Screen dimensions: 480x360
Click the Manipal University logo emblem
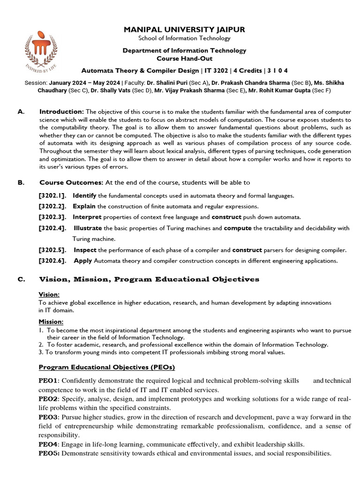click(44, 50)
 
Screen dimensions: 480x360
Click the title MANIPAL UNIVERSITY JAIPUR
click(184, 30)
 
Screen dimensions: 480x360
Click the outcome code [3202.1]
click(52, 195)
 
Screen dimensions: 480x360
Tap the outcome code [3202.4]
click(52, 228)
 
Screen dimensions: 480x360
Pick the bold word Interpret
click(87, 217)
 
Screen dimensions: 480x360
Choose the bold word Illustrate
click(88, 228)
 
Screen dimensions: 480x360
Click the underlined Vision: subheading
click(49, 294)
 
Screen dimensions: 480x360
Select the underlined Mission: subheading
click(51, 322)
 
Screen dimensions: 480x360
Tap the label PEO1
click(47, 381)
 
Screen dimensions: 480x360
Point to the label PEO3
click(47, 417)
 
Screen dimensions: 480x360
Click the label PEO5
click(48, 453)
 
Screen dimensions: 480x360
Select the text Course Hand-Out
click(184, 58)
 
